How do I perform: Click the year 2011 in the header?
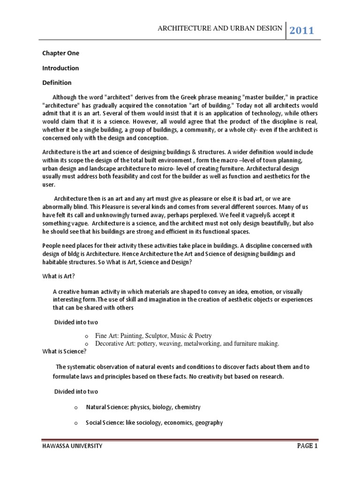302,31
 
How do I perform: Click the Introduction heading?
60,68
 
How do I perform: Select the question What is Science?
64,351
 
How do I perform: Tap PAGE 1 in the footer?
307,446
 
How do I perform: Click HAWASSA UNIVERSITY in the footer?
72,447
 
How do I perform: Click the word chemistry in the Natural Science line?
187,407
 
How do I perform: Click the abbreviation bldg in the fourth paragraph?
70,254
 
